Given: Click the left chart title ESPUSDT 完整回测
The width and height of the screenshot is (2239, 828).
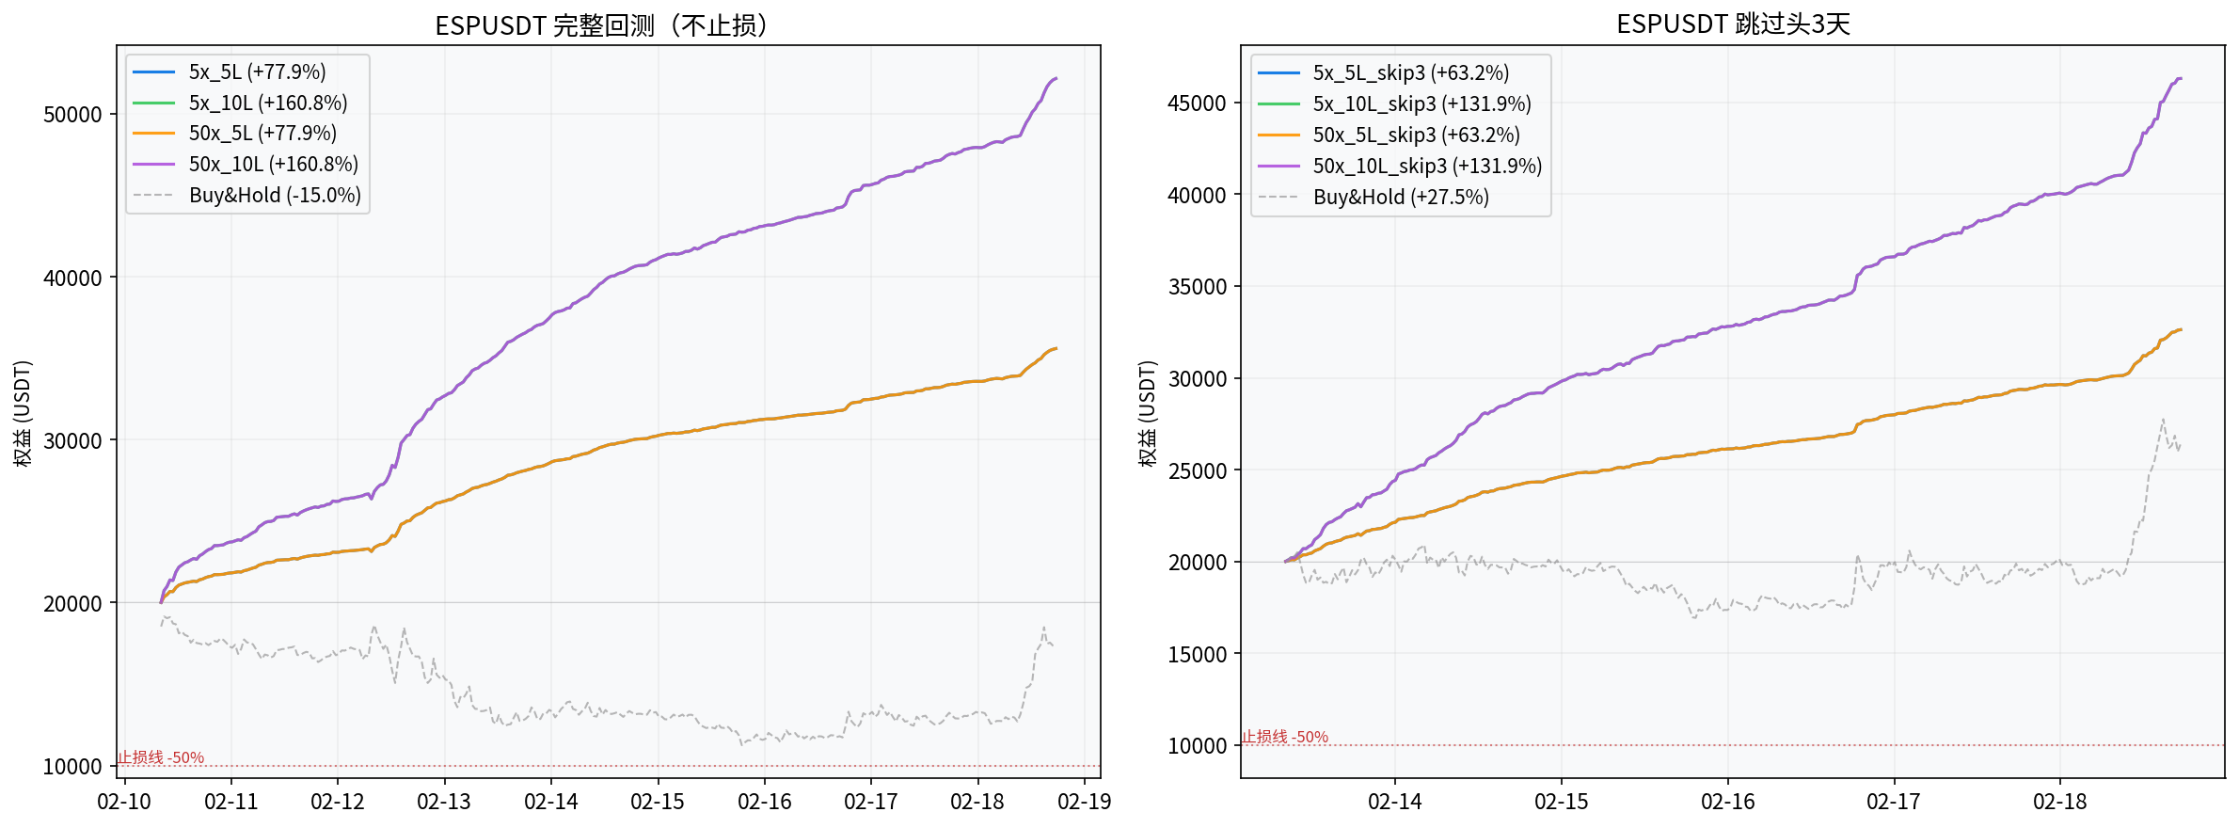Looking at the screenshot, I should click(x=601, y=24).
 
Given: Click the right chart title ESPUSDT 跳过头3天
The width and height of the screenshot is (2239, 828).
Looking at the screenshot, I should click(x=1733, y=24).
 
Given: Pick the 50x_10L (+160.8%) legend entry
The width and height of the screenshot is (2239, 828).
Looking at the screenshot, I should click(x=273, y=165).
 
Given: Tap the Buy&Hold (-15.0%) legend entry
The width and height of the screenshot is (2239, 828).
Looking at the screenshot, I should click(x=275, y=196).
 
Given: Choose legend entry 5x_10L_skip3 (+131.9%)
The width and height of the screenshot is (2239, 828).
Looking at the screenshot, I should click(x=1421, y=104).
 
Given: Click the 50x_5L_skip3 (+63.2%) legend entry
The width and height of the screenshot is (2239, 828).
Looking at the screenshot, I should click(x=1416, y=135).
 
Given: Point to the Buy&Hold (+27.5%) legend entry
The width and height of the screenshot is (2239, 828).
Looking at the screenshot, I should click(x=1401, y=198).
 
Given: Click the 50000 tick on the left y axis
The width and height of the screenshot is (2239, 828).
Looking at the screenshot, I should click(x=72, y=115).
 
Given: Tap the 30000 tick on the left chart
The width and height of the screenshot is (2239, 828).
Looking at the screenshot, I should click(x=72, y=441).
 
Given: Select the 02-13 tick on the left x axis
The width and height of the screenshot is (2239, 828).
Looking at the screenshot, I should click(x=444, y=803).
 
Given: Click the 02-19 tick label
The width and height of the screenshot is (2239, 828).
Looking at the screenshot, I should click(x=1084, y=803).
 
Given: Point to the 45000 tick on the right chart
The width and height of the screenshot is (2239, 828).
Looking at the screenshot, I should click(x=1197, y=103).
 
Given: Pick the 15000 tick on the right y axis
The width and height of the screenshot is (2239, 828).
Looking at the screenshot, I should click(x=1197, y=655).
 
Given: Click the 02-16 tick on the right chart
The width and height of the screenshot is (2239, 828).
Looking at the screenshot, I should click(x=1727, y=803).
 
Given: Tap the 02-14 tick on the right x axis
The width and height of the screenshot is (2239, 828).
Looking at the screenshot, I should click(x=1394, y=803).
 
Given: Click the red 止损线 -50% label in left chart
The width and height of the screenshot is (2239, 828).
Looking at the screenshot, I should click(x=161, y=757).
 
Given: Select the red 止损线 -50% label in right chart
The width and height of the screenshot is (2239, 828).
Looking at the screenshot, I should click(x=1285, y=737).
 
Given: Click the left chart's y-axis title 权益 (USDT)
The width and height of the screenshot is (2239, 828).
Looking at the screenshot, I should click(x=23, y=413).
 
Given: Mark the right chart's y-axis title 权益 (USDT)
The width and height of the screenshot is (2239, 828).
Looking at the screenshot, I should click(x=1147, y=413).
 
